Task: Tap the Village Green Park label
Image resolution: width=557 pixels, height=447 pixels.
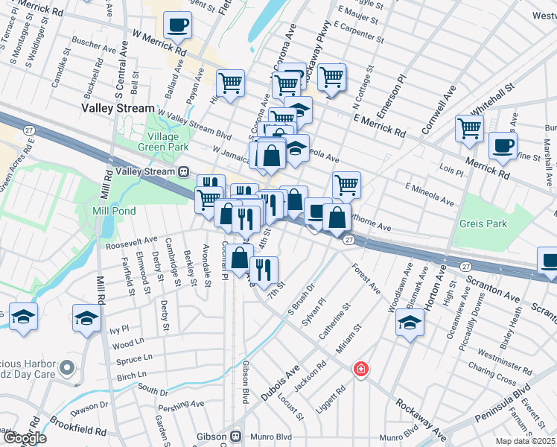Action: [168, 142]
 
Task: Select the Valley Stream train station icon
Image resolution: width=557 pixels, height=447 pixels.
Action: [182, 171]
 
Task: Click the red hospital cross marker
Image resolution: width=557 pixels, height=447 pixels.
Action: [361, 369]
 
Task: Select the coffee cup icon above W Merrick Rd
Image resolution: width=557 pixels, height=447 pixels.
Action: [177, 25]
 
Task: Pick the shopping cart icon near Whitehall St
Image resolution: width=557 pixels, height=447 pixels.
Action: [469, 128]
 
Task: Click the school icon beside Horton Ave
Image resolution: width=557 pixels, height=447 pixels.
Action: [410, 323]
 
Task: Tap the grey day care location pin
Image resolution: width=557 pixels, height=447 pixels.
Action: [68, 367]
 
